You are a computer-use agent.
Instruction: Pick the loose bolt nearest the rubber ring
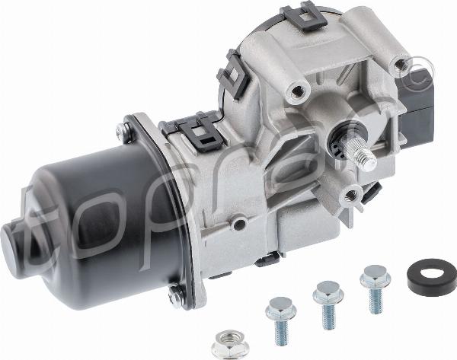pos(375,288)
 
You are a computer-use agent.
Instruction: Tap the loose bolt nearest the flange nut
pos(281,320)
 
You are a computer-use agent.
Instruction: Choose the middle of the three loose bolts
pos(328,304)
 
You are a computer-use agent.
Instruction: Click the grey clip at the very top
pos(303,16)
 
